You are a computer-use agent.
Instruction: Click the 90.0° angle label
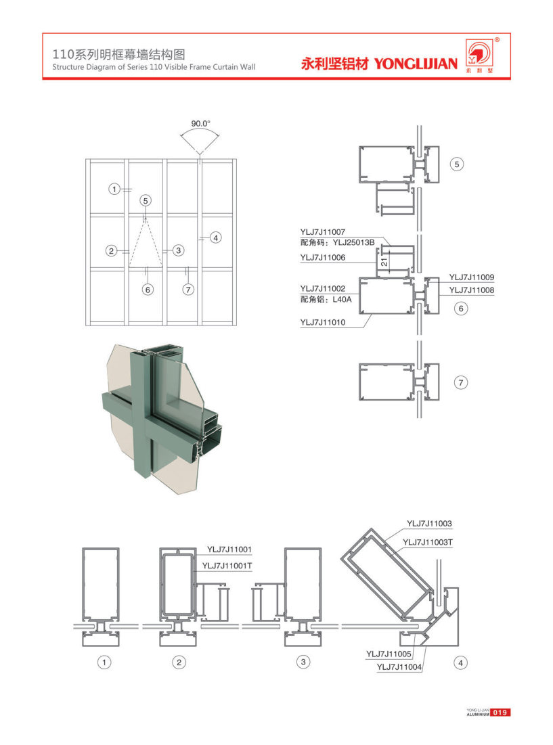pos(200,124)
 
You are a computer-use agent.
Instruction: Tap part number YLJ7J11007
pos(323,232)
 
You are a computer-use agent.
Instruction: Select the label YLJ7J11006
pos(323,258)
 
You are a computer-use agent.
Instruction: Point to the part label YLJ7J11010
pos(323,322)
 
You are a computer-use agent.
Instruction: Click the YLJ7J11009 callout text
pos(472,277)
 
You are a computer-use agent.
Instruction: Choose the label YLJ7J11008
pos(472,290)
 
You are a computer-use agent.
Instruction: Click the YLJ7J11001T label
pos(227,566)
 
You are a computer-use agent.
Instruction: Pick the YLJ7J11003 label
pos(429,524)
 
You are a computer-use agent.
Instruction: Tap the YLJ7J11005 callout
pos(389,654)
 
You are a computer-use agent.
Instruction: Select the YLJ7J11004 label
pos(399,667)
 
